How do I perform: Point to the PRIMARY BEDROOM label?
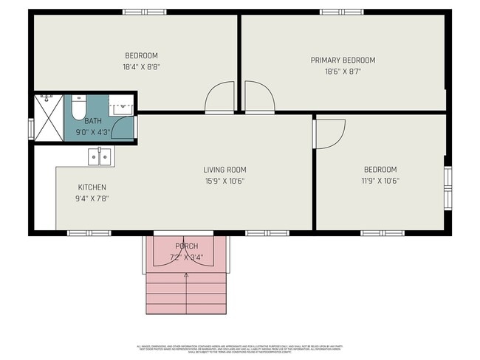[343, 60]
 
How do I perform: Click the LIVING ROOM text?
[224, 170]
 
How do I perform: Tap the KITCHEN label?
[92, 187]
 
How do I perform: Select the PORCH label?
[186, 246]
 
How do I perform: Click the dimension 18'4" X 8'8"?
[141, 66]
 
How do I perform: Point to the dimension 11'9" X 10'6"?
[380, 180]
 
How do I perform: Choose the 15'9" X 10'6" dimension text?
[224, 181]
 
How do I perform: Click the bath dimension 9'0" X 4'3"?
[93, 133]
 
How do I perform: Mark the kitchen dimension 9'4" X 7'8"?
[92, 198]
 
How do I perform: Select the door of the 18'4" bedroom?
[220, 97]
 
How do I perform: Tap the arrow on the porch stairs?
[185, 276]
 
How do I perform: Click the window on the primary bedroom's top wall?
[340, 11]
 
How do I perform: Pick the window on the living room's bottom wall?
[257, 233]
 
